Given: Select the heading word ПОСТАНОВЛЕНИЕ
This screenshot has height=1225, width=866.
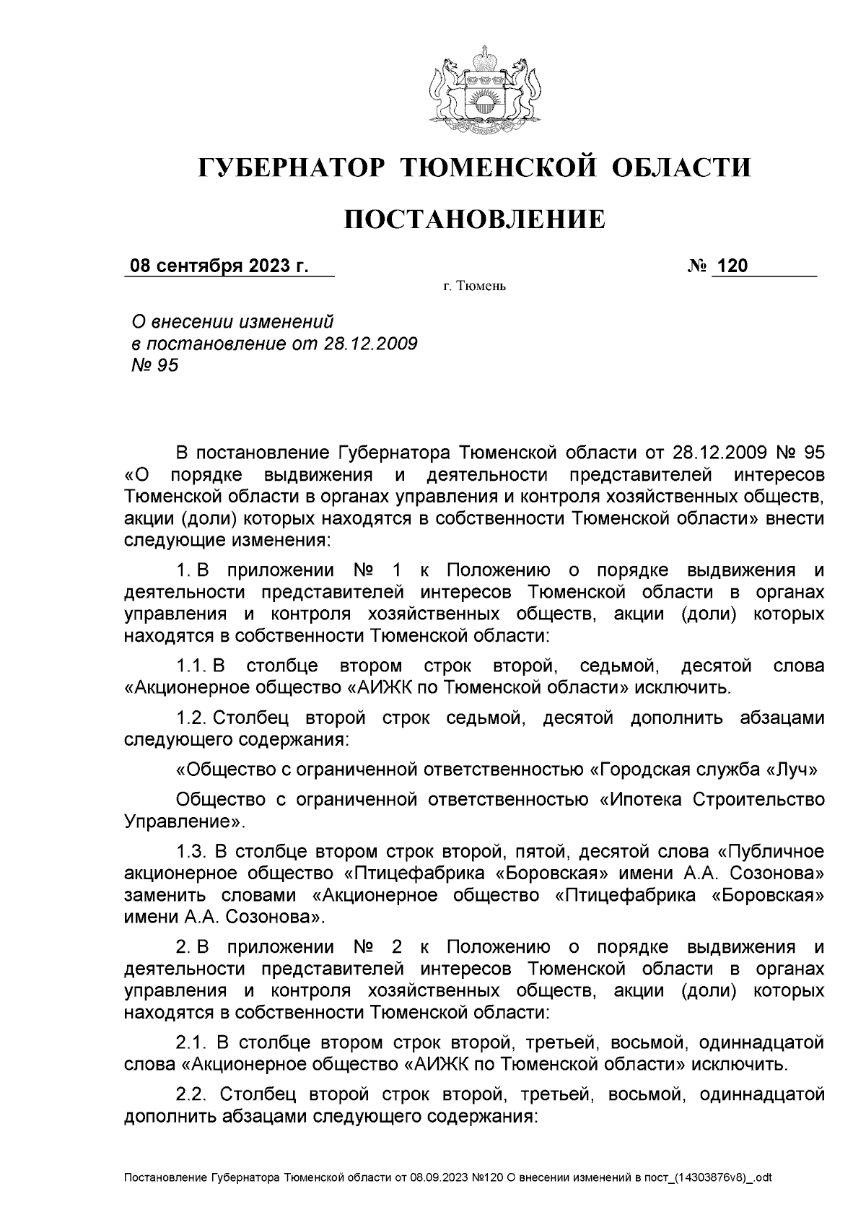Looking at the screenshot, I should pos(474,219).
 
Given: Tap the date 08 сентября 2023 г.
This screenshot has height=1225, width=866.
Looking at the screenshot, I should pos(219,266).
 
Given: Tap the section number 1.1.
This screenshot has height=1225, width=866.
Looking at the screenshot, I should pos(193,664).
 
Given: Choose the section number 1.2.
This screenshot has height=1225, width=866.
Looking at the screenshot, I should pos(193,719).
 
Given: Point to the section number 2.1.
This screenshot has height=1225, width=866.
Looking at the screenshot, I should pos(193,1042).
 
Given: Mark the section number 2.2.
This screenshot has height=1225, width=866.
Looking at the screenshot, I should pos(193,1094).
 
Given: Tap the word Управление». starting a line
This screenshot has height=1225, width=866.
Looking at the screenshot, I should pos(185,821).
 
